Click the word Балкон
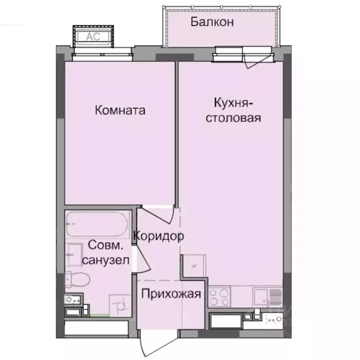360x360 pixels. [x=212, y=22]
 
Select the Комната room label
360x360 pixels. [x=120, y=111]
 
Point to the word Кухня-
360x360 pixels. [x=234, y=103]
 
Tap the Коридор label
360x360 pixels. [x=158, y=236]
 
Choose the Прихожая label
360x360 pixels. [x=171, y=294]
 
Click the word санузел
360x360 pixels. [x=105, y=260]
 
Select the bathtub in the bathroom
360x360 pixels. [x=97, y=225]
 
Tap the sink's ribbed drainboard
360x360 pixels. [x=276, y=297]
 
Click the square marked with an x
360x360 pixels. [x=194, y=266]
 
